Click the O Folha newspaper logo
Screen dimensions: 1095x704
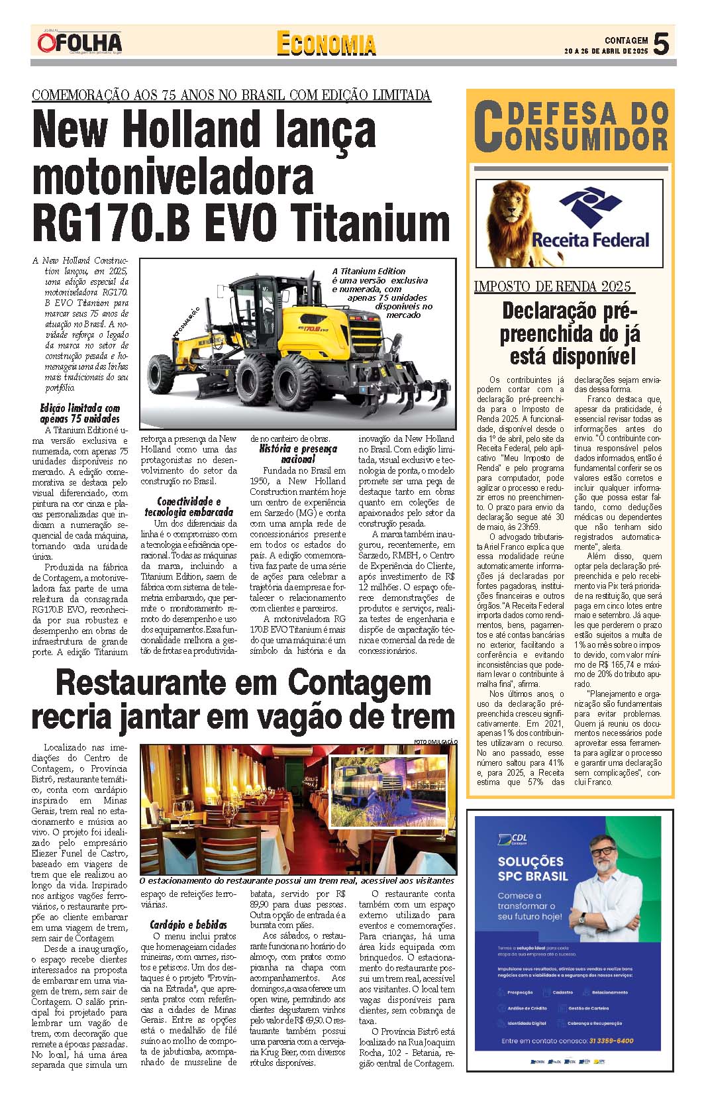[x=79, y=43]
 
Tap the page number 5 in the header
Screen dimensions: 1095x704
[x=661, y=44]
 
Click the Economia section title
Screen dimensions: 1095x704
[x=326, y=44]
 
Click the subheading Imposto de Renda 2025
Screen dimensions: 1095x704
[x=553, y=286]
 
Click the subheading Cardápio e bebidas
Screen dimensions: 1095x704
[x=188, y=925]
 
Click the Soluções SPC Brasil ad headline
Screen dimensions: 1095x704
[x=532, y=868]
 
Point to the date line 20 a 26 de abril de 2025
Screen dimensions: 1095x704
[x=605, y=51]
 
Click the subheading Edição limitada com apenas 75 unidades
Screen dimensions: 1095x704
[x=80, y=413]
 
